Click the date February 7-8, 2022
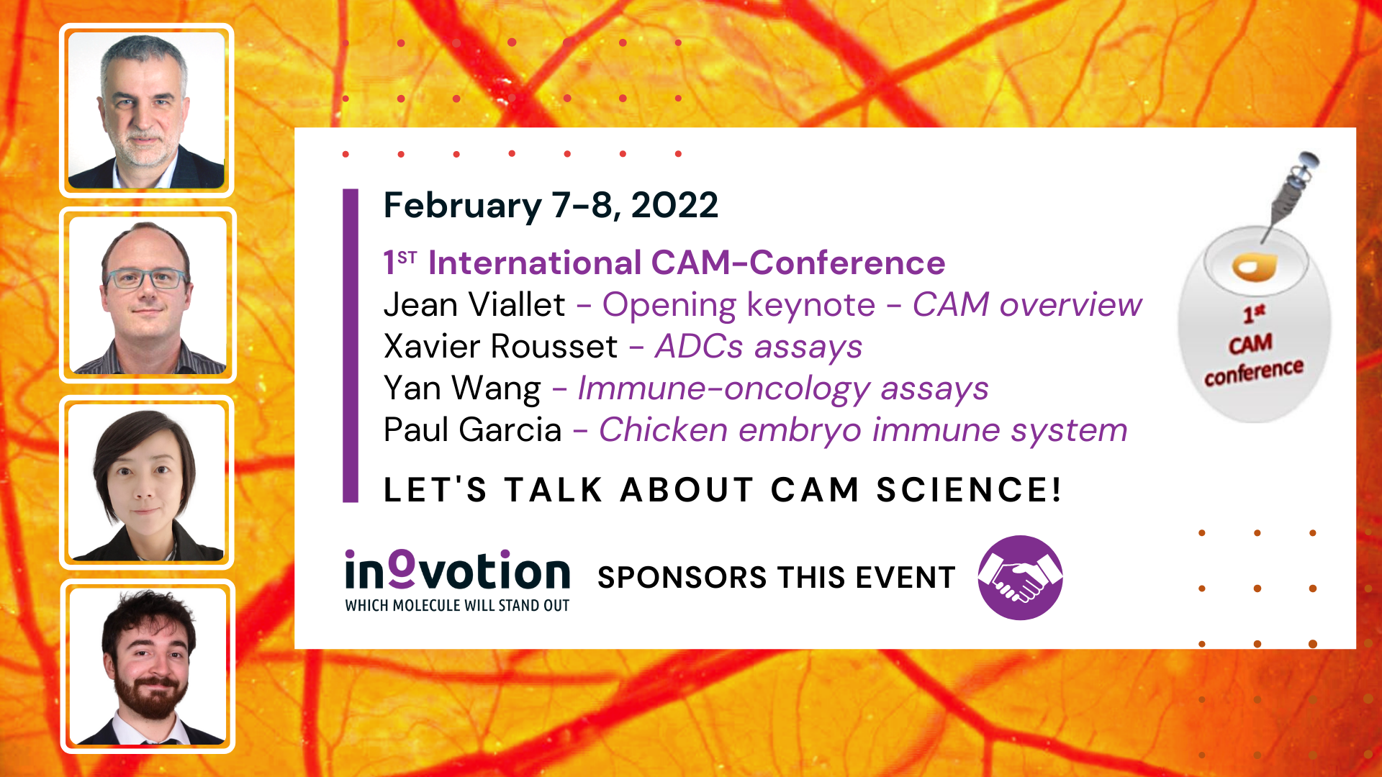pyautogui.click(x=551, y=206)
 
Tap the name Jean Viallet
pyautogui.click(x=474, y=304)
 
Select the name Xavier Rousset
pyautogui.click(x=500, y=346)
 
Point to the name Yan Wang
pyautogui.click(x=462, y=389)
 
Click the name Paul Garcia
pyautogui.click(x=472, y=430)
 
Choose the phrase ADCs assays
pyautogui.click(x=759, y=346)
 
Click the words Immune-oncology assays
pyautogui.click(x=783, y=389)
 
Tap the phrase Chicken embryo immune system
pyautogui.click(x=863, y=430)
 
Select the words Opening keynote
pyautogui.click(x=739, y=306)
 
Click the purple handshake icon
pyautogui.click(x=1020, y=577)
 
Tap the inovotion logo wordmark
pyautogui.click(x=457, y=571)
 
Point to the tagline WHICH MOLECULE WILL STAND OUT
pyautogui.click(x=457, y=606)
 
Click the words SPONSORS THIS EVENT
pyautogui.click(x=776, y=578)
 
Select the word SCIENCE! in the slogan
pyautogui.click(x=969, y=490)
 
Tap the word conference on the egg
pyautogui.click(x=1254, y=372)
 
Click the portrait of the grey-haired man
pyautogui.click(x=146, y=110)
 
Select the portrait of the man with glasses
pyautogui.click(x=148, y=295)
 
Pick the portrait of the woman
pyautogui.click(x=147, y=482)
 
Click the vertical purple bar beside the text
pyautogui.click(x=351, y=345)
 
